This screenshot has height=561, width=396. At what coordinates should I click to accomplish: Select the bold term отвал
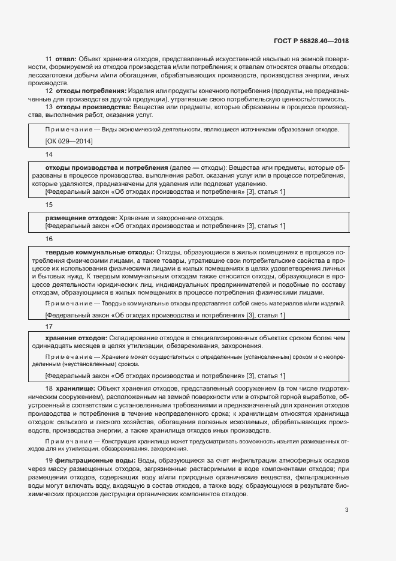(x=65, y=59)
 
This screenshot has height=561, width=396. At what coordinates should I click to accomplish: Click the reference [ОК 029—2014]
(x=69, y=141)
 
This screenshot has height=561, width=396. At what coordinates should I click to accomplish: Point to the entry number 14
(x=49, y=154)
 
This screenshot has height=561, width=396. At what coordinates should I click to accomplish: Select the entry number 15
(x=49, y=205)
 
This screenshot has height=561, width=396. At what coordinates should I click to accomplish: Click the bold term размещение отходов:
(x=81, y=217)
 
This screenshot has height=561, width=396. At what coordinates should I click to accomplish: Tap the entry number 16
(x=49, y=239)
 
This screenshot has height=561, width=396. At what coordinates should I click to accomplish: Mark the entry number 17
(x=49, y=325)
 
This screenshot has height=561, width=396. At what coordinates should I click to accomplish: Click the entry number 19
(x=49, y=460)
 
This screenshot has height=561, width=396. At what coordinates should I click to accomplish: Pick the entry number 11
(x=49, y=59)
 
